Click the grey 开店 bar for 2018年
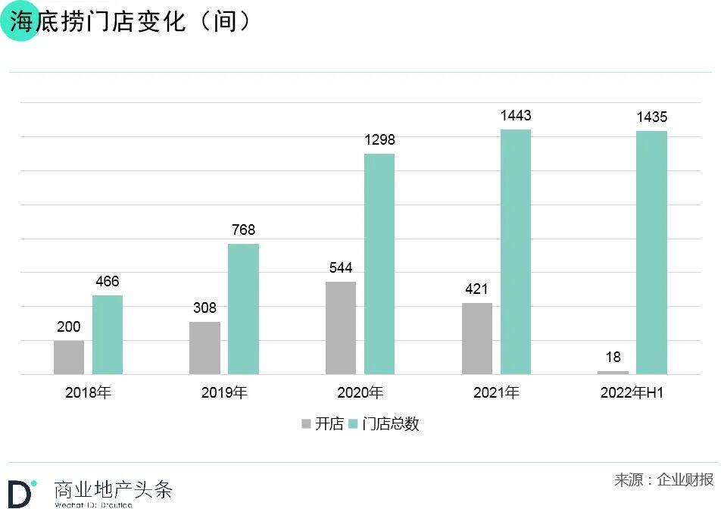[x=69, y=357]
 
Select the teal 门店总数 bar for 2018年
[x=108, y=334]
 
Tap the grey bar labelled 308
[x=204, y=348]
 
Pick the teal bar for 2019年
[x=243, y=308]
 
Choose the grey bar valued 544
[x=341, y=327]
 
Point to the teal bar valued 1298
[x=379, y=264]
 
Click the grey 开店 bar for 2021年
[x=477, y=338]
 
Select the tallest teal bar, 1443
[x=516, y=251]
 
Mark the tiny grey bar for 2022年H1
[x=613, y=372]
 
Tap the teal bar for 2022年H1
[x=651, y=252]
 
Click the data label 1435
[x=651, y=117]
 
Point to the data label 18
[x=613, y=358]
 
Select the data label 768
[x=243, y=230]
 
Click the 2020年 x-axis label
[x=360, y=393]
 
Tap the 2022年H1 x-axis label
[x=632, y=393]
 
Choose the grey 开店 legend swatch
[x=306, y=424]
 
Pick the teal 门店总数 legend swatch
[x=353, y=424]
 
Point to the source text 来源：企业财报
[x=663, y=480]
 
